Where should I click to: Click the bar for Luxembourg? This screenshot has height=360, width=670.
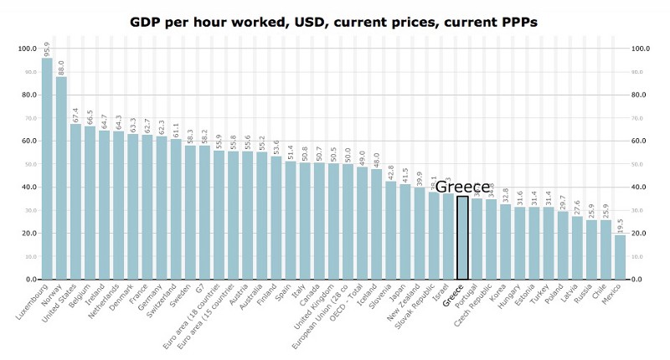pos(47,167)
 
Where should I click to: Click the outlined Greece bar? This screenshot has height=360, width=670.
pos(462,238)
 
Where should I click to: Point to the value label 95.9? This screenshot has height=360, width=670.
pos(47,49)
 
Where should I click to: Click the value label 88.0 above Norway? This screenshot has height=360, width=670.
pos(61,67)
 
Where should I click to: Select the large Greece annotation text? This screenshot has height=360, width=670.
pos(462,187)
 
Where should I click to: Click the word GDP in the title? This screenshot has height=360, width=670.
pos(148,20)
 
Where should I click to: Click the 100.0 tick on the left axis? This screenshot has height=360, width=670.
pos(28,49)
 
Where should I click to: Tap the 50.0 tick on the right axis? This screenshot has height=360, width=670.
pos(641,164)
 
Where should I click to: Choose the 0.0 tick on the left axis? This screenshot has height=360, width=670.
pos(31,279)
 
